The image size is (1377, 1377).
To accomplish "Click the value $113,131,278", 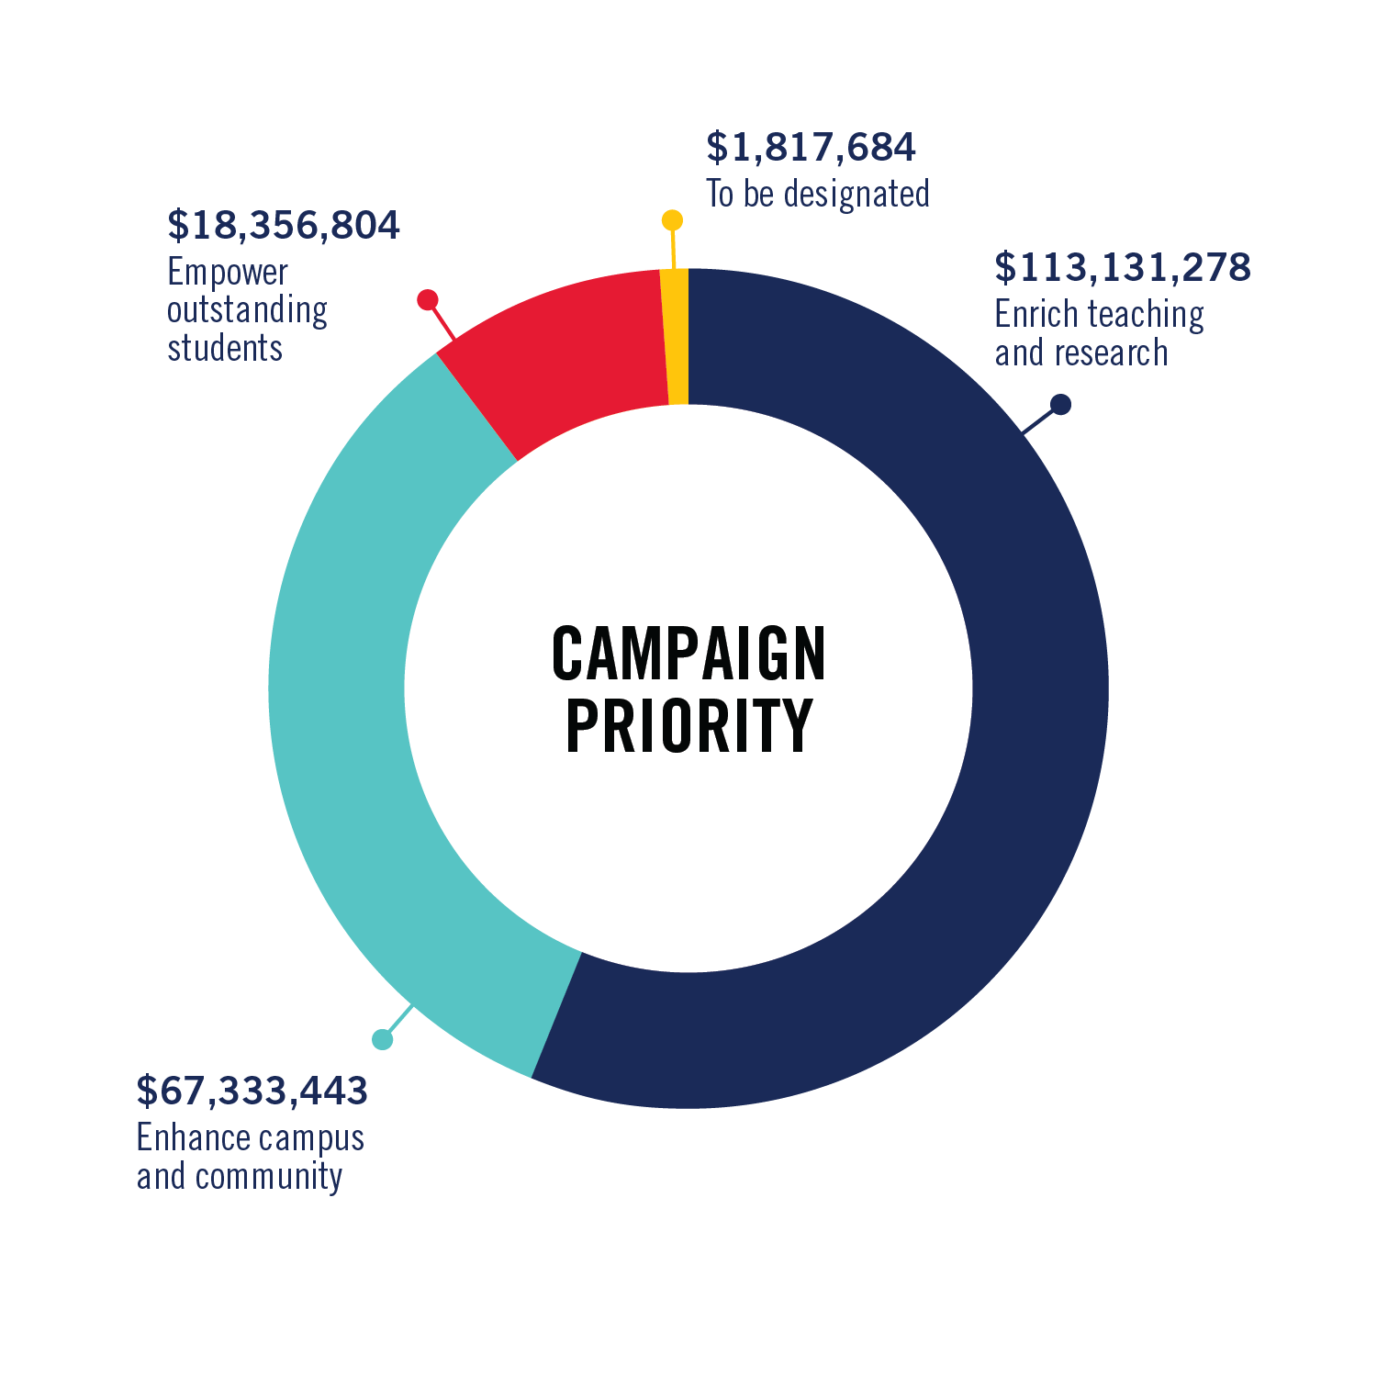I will pos(1122,267).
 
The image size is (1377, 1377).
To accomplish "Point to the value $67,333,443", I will pos(252,1091).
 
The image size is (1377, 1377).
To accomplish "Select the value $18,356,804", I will pos(283,226).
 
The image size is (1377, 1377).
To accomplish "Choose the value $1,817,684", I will pos(811,148).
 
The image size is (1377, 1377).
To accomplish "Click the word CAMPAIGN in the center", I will pos(688,654).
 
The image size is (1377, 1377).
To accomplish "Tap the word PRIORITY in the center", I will pos(688,725).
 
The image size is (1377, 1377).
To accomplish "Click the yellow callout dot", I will pos(672,220).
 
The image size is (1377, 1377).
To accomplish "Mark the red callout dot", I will pos(427,300).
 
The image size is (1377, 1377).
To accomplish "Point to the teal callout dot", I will pos(383,1039).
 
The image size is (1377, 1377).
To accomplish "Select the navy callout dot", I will pos(1060,404).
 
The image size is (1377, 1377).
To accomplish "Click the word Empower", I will pos(228,273).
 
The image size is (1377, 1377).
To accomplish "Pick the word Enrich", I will pos(1034,314).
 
